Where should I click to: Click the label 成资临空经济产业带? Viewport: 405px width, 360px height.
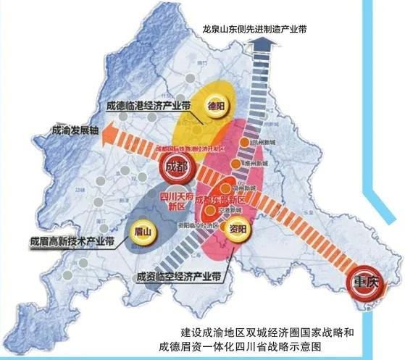point(180,277)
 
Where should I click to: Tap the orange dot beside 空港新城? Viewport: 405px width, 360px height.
point(211,210)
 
